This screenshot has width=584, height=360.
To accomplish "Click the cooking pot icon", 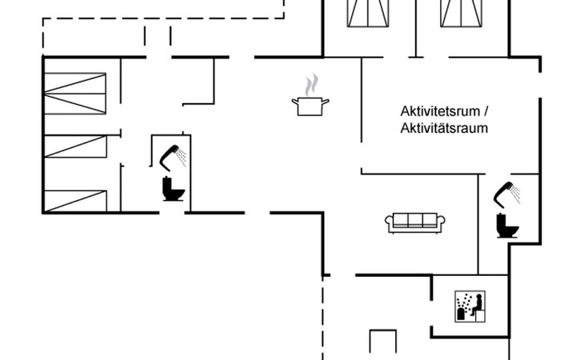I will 312,106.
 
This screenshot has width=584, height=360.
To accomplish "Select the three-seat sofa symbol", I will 415,222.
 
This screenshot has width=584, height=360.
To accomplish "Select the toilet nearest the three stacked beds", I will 171,189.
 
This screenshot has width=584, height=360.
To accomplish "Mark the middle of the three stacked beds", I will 75,146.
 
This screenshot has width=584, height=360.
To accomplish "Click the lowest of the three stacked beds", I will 75,200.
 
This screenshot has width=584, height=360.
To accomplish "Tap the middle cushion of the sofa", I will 415,221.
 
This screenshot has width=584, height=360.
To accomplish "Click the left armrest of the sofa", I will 390,223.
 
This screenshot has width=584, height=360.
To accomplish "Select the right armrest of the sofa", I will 441,223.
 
